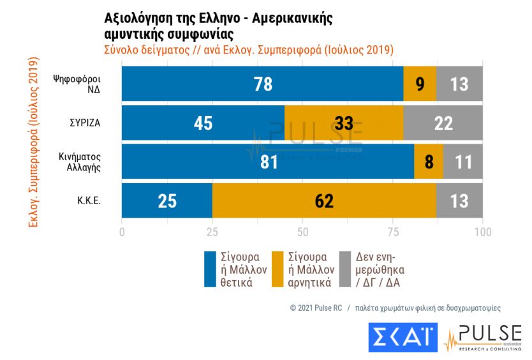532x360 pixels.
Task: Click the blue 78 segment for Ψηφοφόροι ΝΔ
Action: pyautogui.click(x=262, y=84)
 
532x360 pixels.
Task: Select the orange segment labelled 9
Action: pyautogui.click(x=420, y=84)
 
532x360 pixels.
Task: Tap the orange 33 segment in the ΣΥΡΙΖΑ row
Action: pyautogui.click(x=344, y=123)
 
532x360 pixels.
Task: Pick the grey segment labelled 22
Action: pyautogui.click(x=443, y=123)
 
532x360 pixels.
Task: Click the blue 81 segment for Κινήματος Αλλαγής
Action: pyautogui.click(x=268, y=161)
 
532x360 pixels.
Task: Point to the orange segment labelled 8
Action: pyautogui.click(x=428, y=161)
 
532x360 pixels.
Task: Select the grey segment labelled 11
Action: pyautogui.click(x=463, y=161)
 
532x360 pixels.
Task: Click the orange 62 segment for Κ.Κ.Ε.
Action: pyautogui.click(x=325, y=200)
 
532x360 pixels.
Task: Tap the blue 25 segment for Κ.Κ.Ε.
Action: pyautogui.click(x=166, y=200)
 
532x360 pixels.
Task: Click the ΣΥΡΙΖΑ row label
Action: pyautogui.click(x=86, y=123)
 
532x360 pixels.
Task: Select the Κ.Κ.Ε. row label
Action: pyautogui.click(x=89, y=200)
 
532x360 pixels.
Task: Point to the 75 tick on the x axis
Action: pyautogui.click(x=392, y=232)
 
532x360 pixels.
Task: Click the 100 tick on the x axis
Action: pyautogui.click(x=483, y=232)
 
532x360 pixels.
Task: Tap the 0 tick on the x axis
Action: pyautogui.click(x=122, y=232)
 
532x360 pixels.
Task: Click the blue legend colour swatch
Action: pyautogui.click(x=211, y=269)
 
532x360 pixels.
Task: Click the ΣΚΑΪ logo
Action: pyautogui.click(x=403, y=338)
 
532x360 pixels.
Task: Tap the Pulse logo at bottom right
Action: pyautogui.click(x=483, y=338)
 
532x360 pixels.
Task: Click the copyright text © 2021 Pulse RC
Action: pyautogui.click(x=316, y=308)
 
